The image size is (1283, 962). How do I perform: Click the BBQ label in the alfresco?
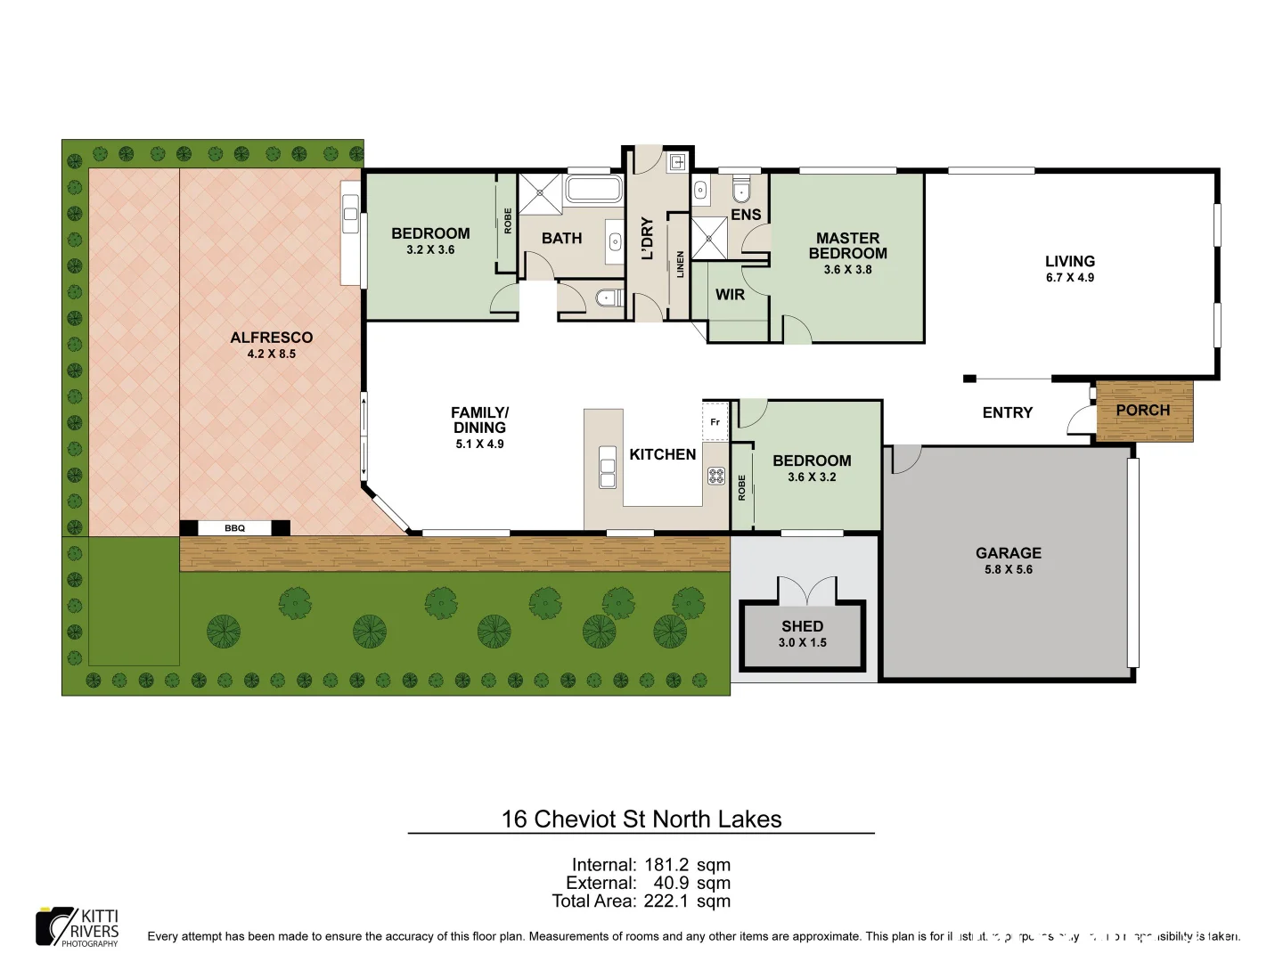pyautogui.click(x=234, y=528)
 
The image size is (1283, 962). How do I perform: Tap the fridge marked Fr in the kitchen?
pyautogui.click(x=715, y=422)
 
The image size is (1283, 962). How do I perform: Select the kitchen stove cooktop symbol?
pyautogui.click(x=715, y=476)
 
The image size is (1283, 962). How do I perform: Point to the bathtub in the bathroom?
pyautogui.click(x=592, y=190)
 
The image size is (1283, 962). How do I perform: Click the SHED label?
pyautogui.click(x=802, y=626)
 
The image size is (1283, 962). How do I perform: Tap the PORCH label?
pyautogui.click(x=1142, y=410)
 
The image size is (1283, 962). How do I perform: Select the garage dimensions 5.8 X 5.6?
pyautogui.click(x=1008, y=569)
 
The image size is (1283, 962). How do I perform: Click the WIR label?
pyautogui.click(x=730, y=294)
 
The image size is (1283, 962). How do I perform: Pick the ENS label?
pyautogui.click(x=746, y=215)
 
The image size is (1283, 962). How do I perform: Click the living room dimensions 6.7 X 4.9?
pyautogui.click(x=1069, y=277)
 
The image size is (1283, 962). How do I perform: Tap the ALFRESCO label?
pyautogui.click(x=271, y=338)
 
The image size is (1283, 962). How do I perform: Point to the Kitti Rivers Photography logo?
pyautogui.click(x=78, y=926)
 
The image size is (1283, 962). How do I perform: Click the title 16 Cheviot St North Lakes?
pyautogui.click(x=641, y=819)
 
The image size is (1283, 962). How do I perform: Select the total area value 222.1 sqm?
pyautogui.click(x=687, y=901)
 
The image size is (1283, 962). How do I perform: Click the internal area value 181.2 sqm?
pyautogui.click(x=687, y=864)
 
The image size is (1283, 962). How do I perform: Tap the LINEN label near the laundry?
pyautogui.click(x=681, y=264)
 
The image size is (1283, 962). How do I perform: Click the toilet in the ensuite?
pyautogui.click(x=741, y=192)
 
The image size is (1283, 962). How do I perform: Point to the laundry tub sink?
pyautogui.click(x=677, y=162)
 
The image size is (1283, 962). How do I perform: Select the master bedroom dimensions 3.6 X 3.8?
pyautogui.click(x=847, y=269)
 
